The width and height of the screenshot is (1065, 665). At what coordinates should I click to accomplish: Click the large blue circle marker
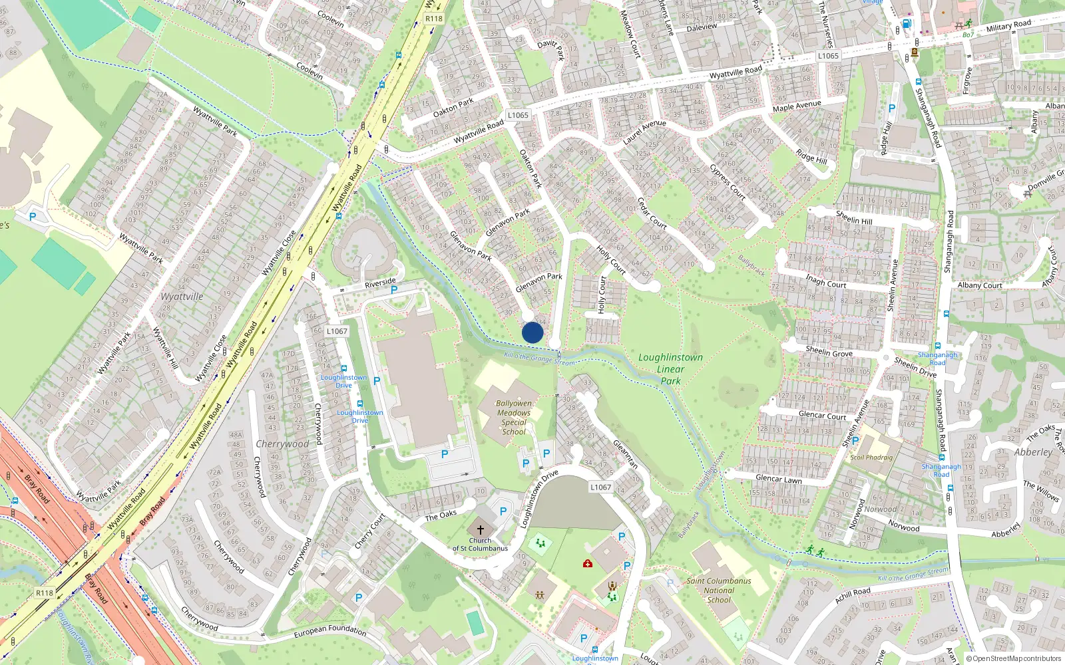click(532, 332)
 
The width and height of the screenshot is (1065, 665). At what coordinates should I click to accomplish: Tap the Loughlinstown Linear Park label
click(670, 369)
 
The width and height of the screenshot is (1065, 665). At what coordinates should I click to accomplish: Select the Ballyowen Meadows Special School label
click(514, 418)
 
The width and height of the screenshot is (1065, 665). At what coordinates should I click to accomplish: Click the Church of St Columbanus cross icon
click(481, 530)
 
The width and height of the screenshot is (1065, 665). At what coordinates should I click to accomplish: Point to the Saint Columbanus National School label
click(719, 590)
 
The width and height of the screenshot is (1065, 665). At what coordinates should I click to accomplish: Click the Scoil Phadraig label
click(871, 458)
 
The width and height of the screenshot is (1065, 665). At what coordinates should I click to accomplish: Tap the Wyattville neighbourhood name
click(182, 297)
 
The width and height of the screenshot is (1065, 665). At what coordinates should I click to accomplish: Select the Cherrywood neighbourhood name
click(282, 444)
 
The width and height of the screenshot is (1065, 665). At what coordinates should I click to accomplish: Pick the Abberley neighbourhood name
click(1033, 452)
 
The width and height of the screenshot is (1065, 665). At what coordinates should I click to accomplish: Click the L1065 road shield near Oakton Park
click(518, 115)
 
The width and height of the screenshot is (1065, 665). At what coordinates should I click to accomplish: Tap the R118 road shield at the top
click(434, 19)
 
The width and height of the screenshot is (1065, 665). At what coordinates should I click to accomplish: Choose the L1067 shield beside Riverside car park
click(337, 331)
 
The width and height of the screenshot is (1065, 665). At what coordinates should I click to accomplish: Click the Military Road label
click(1008, 26)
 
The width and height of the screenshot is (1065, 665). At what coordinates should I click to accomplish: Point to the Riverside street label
click(380, 283)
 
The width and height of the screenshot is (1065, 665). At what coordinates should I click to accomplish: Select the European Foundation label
click(330, 630)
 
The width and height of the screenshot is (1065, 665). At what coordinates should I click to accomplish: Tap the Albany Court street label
click(980, 285)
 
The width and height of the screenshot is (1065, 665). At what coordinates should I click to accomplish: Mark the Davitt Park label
click(551, 49)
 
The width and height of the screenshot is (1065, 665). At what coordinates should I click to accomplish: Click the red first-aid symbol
click(587, 564)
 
